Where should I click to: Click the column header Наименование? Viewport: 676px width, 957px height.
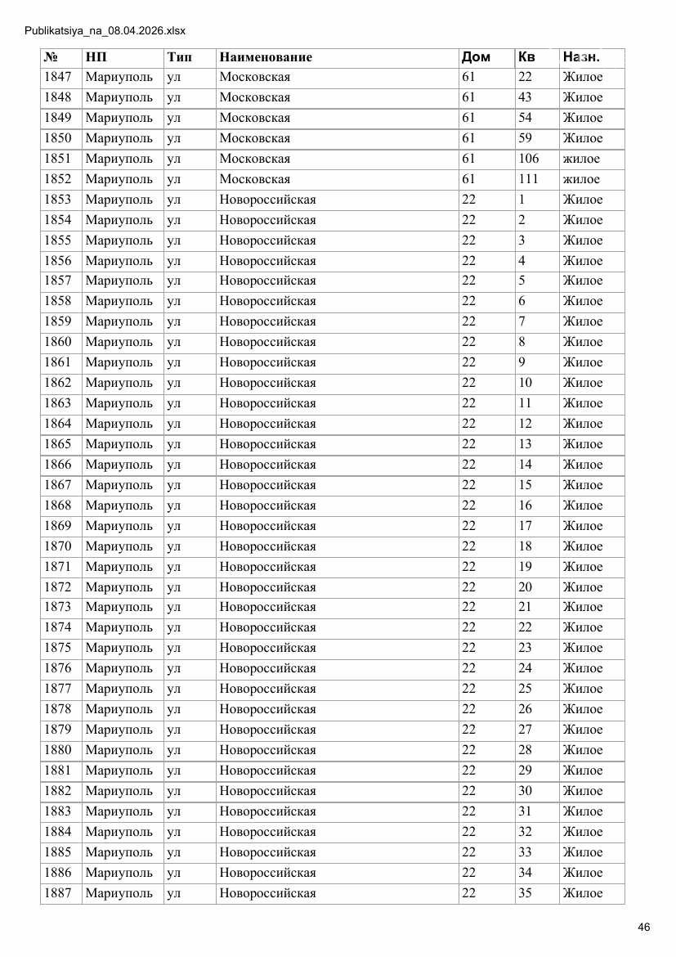point(266,57)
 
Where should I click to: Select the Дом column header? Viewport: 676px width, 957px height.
point(476,57)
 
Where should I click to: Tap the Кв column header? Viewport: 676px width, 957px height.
point(526,57)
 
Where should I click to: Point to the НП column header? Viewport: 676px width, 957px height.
point(96,57)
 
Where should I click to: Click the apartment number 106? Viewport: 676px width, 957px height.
point(528,159)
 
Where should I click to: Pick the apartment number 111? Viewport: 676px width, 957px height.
point(528,179)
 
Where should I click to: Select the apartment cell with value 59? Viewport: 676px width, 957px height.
point(525,138)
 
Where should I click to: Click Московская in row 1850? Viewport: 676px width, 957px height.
point(255,138)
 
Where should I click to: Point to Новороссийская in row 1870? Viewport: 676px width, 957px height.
point(267,546)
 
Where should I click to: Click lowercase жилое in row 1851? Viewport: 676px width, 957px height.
point(581,159)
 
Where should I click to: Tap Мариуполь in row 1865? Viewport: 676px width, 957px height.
point(119,444)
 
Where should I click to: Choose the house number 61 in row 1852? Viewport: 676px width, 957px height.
point(468,179)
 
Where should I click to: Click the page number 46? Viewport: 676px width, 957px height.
point(643,927)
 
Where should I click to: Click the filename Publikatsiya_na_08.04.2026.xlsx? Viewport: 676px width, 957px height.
point(105,31)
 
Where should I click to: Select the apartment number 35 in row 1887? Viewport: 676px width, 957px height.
point(525,893)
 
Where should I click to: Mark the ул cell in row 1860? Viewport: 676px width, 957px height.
point(173,342)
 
